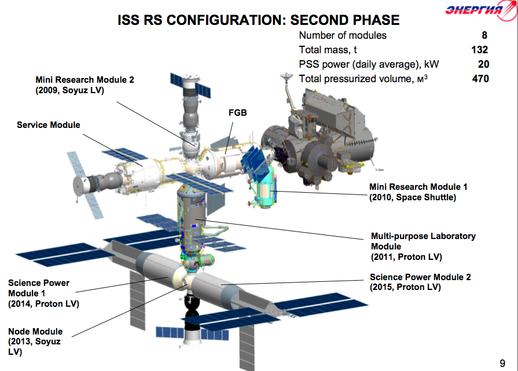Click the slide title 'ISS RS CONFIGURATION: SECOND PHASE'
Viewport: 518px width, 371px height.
tap(258, 20)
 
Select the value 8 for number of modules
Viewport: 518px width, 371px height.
tap(484, 35)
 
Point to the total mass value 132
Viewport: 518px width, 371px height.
tap(479, 50)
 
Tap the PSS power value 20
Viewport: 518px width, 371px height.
tap(483, 64)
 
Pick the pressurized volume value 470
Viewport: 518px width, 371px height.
tap(479, 79)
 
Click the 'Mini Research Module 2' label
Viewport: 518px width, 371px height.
tap(85, 80)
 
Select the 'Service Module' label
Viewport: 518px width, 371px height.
tap(49, 125)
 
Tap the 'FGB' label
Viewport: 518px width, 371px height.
tap(238, 113)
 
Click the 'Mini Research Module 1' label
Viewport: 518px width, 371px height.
tap(418, 187)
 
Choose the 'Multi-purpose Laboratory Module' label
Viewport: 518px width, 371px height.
tap(423, 241)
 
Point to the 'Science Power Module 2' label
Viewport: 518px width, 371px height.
tap(420, 277)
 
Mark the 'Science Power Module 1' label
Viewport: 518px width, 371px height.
tap(39, 288)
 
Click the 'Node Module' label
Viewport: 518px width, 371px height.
tap(35, 332)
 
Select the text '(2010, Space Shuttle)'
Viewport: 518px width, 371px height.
tap(413, 197)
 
